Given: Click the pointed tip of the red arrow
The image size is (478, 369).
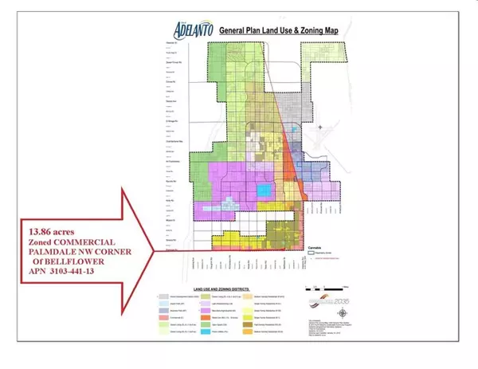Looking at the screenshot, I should tap(150, 253).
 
